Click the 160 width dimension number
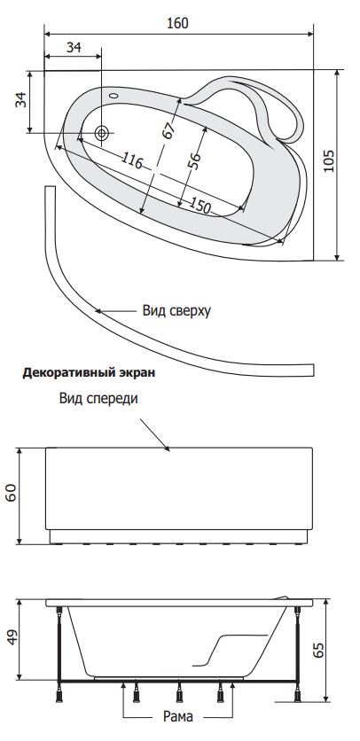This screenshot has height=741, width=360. pyautogui.click(x=178, y=23)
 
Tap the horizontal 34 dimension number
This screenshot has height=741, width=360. pyautogui.click(x=74, y=47)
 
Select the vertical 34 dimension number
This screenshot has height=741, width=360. pyautogui.click(x=21, y=99)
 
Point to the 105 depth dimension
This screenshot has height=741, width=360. pyautogui.click(x=329, y=161)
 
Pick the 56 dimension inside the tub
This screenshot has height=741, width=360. pyautogui.click(x=194, y=160)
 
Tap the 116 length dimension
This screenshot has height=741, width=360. pyautogui.click(x=131, y=160)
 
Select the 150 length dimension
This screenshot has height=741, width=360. pyautogui.click(x=200, y=205)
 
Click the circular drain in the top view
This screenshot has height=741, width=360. pyautogui.click(x=101, y=133)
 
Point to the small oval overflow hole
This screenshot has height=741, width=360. pyautogui.click(x=113, y=96)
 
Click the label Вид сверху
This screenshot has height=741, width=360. pyautogui.click(x=176, y=311)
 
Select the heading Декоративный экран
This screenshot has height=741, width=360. pyautogui.click(x=89, y=372)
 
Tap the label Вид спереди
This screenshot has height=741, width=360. pyautogui.click(x=98, y=398)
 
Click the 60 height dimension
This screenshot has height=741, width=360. pyautogui.click(x=12, y=493)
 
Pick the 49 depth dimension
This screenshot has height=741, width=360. pyautogui.click(x=12, y=636)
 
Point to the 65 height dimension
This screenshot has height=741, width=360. pyautogui.click(x=319, y=651)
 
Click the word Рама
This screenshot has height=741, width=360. pyautogui.click(x=178, y=716)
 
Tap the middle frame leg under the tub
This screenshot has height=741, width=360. pyautogui.click(x=179, y=693)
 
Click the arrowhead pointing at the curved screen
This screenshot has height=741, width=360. pyautogui.click(x=98, y=311)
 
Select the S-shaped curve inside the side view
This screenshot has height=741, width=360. pyautogui.click(x=230, y=649)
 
